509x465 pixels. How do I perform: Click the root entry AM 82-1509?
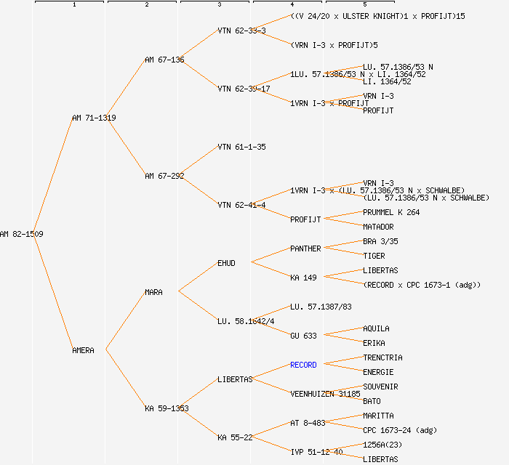click(x=21, y=234)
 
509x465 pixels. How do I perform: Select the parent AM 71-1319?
click(x=94, y=118)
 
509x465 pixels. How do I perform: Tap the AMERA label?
click(x=83, y=350)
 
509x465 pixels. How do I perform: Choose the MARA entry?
click(x=153, y=292)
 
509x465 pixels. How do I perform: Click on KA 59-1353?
click(x=167, y=408)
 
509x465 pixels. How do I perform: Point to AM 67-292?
click(x=164, y=176)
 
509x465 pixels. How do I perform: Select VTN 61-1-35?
click(x=241, y=147)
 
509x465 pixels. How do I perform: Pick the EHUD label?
click(x=226, y=263)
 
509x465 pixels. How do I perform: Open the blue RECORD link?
click(x=303, y=365)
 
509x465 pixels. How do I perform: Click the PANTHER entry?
click(x=305, y=248)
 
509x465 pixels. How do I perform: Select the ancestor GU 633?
click(x=303, y=336)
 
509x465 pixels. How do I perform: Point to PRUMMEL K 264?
click(x=391, y=212)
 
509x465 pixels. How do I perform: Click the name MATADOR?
click(x=378, y=227)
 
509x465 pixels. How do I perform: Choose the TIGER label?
click(x=374, y=256)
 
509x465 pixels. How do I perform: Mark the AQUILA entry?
click(x=376, y=328)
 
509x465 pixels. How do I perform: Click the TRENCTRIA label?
click(x=382, y=357)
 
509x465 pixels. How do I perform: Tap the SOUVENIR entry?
click(x=380, y=387)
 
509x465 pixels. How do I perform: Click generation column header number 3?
click(x=219, y=5)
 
